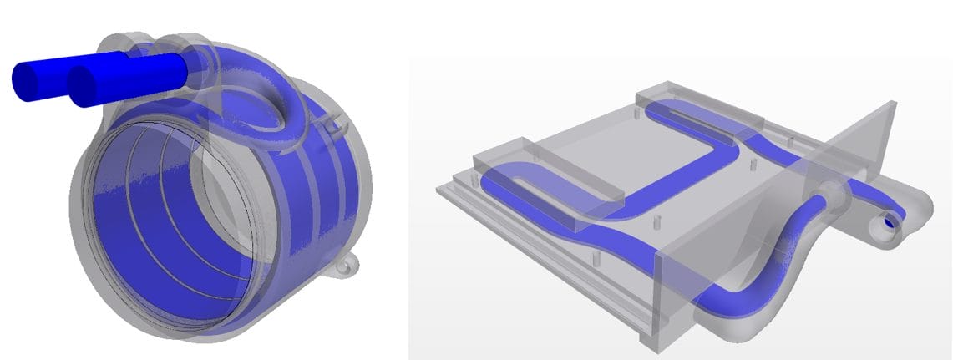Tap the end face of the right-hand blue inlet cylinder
pos(84,87)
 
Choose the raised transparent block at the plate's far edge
pos(697,109)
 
